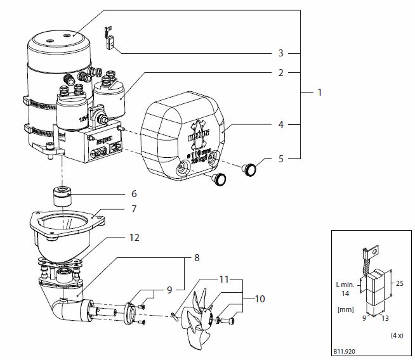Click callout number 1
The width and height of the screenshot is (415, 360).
click(320, 93)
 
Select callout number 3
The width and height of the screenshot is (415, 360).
click(279, 53)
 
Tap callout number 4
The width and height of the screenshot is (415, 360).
click(279, 125)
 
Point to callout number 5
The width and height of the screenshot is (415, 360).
click(279, 159)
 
